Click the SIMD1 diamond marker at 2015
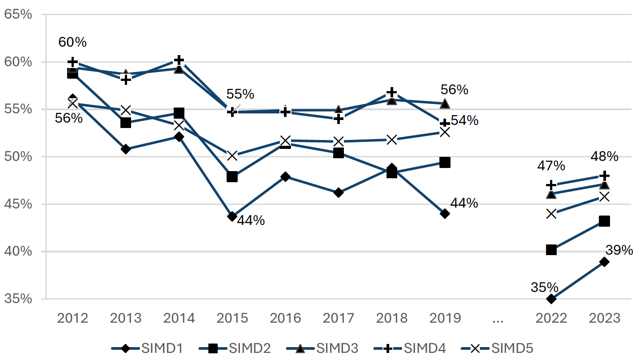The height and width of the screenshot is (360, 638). tap(232, 216)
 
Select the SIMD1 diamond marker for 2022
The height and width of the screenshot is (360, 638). tap(551, 299)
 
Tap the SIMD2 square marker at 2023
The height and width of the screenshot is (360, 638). tap(604, 221)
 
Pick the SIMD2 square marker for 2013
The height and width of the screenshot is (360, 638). tap(126, 123)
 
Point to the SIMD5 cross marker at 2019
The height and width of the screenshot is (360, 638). tap(445, 132)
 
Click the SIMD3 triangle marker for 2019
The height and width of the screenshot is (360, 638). tap(445, 104)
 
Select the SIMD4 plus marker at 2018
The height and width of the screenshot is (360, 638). tap(391, 92)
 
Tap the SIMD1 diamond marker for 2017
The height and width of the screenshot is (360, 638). tap(338, 193)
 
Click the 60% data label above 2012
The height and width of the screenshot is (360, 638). tap(72, 42)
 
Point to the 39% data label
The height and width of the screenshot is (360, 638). tap(619, 250)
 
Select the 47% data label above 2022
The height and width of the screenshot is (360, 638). tap(551, 166)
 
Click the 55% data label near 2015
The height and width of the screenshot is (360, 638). tap(240, 94)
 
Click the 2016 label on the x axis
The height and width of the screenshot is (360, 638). tap(285, 318)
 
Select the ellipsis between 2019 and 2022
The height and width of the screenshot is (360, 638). tap(498, 318)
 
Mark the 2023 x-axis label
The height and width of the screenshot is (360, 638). tap(604, 318)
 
